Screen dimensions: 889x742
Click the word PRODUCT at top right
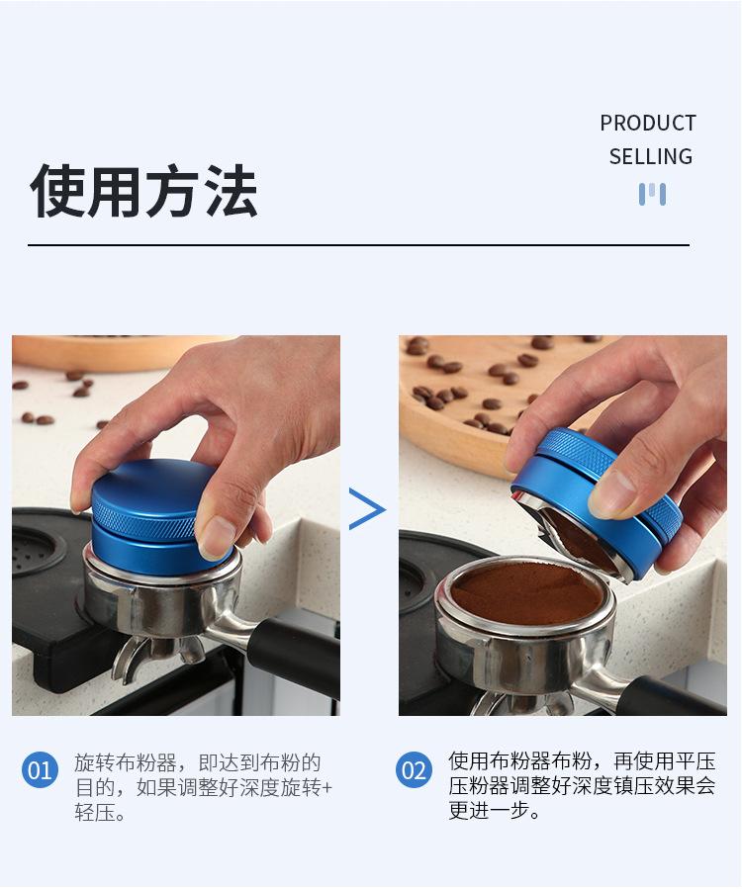648,124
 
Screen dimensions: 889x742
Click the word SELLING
650,156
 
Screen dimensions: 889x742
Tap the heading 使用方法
144,191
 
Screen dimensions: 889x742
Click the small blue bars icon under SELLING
652,194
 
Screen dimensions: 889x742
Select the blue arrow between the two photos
367,509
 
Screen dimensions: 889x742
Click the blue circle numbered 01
41,769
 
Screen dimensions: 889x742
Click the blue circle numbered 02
415,769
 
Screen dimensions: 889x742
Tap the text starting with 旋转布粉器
198,763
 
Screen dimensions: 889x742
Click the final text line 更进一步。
495,812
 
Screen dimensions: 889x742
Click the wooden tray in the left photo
99,349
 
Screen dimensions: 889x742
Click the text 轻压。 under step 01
100,813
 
